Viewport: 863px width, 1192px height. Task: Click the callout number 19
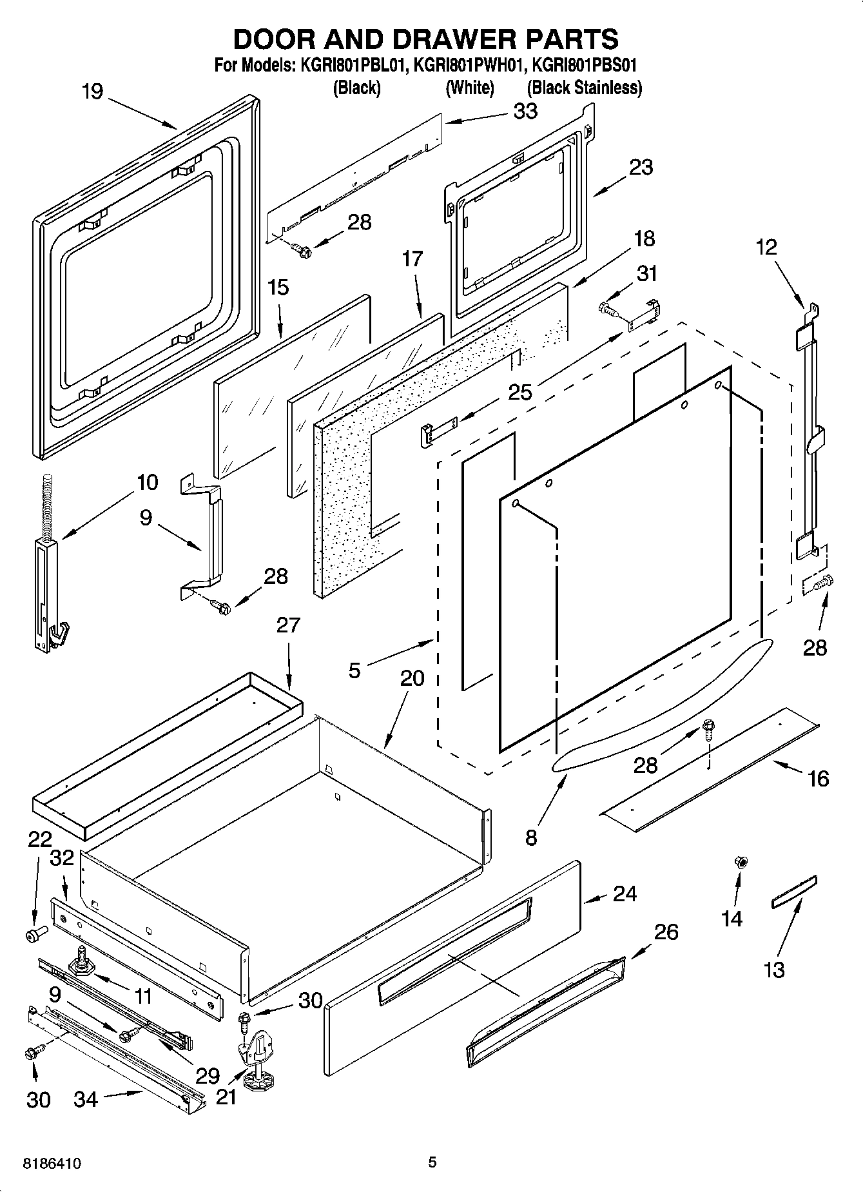point(92,92)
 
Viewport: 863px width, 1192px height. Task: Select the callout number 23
point(641,167)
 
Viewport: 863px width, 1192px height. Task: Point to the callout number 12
point(766,247)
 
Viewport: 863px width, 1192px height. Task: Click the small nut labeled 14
point(741,862)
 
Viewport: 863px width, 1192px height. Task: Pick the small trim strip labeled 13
point(794,892)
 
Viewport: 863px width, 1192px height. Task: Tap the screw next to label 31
point(608,310)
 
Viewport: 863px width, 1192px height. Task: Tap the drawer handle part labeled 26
point(547,1009)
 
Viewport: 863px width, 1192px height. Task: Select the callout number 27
point(288,625)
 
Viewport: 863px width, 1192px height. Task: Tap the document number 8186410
point(52,1164)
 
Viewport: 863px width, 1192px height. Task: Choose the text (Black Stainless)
point(584,88)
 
